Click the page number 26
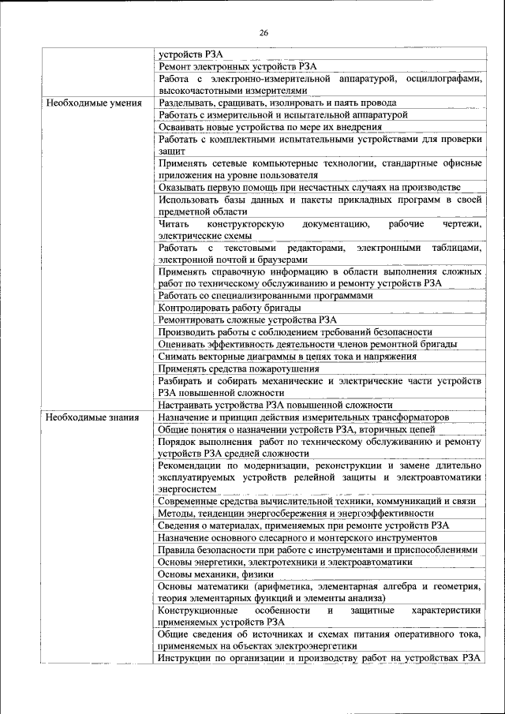click(x=264, y=32)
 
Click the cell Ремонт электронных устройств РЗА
click(x=238, y=68)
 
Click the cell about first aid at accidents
click(x=309, y=187)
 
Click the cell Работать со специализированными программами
click(x=264, y=296)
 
